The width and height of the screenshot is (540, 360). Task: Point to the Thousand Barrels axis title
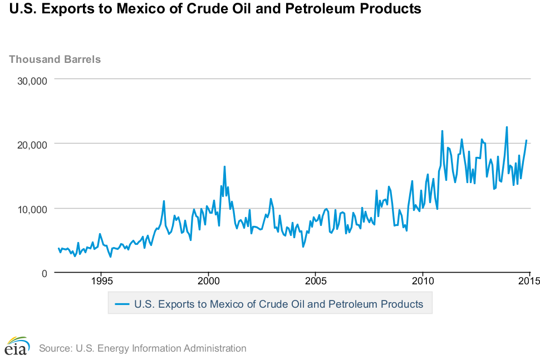pyautogui.click(x=55, y=59)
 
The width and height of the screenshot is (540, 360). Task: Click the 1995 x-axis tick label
pyautogui.click(x=101, y=281)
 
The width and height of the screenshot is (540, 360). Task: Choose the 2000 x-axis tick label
pyautogui.click(x=208, y=281)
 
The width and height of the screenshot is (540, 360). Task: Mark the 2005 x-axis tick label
pyautogui.click(x=316, y=281)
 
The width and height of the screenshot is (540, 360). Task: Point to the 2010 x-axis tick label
pyautogui.click(x=423, y=281)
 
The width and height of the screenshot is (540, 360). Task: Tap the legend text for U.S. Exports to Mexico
pyautogui.click(x=278, y=304)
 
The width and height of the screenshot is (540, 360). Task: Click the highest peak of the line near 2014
pyautogui.click(x=507, y=127)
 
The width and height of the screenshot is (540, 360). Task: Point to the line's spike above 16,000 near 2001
pyautogui.click(x=224, y=166)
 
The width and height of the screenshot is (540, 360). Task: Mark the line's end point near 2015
pyautogui.click(x=526, y=140)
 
